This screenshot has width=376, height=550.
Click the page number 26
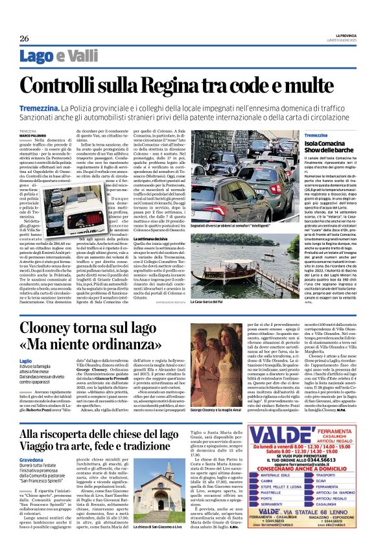click(23, 38)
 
